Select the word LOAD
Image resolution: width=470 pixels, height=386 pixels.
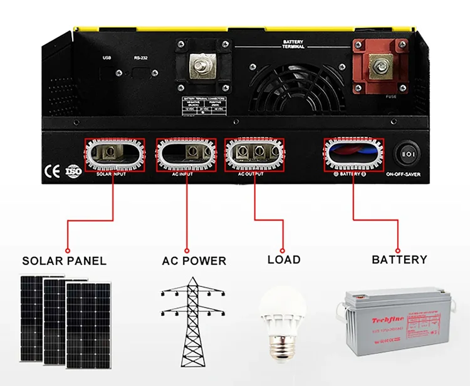coord(283,259)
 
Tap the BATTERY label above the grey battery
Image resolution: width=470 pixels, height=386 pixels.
coord(399,259)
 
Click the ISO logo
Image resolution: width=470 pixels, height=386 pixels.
coord(73,170)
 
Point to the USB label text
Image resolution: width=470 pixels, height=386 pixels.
coord(106,58)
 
